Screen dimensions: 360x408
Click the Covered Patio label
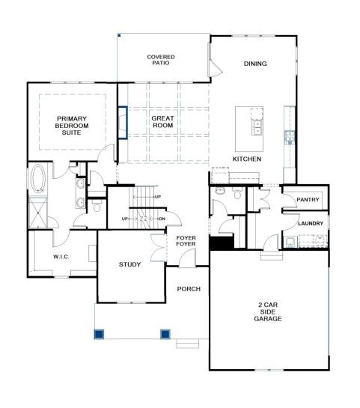coord(161,60)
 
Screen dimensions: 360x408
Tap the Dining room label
coord(255,64)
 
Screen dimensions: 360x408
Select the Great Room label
coord(163,122)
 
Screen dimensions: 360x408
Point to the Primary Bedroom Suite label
coord(72,126)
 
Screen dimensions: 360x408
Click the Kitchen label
coord(247,159)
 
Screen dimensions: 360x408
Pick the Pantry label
coord(308,200)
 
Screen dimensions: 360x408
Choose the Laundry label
coord(311,224)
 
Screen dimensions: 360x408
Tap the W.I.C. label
coord(61,257)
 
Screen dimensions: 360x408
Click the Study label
coord(129,264)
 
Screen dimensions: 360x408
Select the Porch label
coord(189,289)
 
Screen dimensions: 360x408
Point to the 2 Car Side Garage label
coord(268,311)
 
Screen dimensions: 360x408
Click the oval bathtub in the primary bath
coord(38,178)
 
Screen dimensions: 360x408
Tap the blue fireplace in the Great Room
coord(123,123)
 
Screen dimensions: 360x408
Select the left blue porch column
coord(99,334)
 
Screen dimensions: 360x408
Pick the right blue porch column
coord(165,334)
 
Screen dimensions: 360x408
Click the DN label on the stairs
coord(162,219)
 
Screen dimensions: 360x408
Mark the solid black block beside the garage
coord(222,243)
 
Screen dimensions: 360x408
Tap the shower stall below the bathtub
coord(38,213)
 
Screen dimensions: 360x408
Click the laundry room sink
coord(290,242)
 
